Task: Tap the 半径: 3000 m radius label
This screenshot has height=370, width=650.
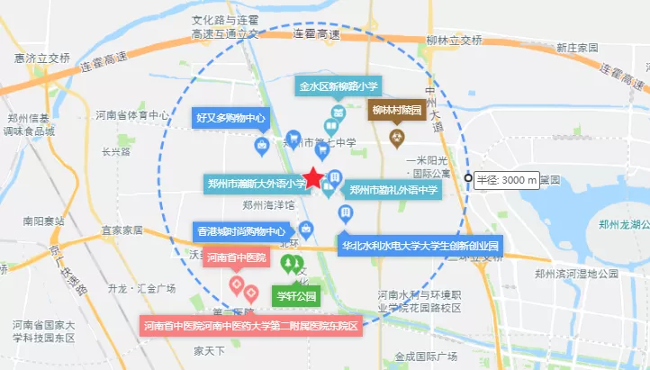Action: coord(507,179)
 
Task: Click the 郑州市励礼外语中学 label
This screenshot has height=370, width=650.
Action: coord(393,190)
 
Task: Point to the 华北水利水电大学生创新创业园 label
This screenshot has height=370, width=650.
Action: coord(420,245)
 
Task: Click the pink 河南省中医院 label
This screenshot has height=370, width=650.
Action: coord(236,257)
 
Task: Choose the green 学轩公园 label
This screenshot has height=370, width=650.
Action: coord(296,295)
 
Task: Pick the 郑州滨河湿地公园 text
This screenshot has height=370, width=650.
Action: coord(575,273)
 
